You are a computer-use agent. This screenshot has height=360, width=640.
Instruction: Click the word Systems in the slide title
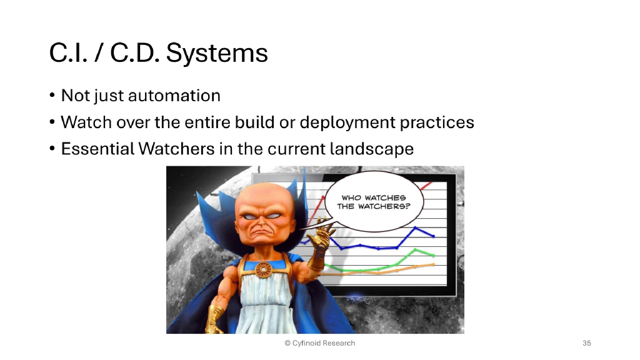pos(217,54)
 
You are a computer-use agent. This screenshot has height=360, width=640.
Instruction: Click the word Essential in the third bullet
pos(97,149)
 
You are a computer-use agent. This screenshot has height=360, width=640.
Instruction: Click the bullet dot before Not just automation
pos(53,96)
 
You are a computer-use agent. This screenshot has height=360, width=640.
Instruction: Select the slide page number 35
pos(586,343)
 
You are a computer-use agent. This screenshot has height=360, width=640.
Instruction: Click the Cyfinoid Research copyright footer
pos(319,343)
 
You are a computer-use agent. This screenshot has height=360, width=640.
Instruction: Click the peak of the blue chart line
pos(415,228)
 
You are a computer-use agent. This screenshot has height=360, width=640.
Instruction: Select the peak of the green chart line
pos(416,250)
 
